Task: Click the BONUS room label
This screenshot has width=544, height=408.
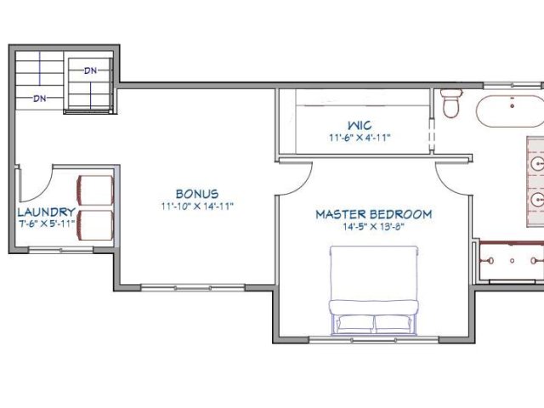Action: (x=197, y=194)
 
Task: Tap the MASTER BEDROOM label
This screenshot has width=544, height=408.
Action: (x=374, y=214)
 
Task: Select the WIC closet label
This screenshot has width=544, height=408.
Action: (x=360, y=125)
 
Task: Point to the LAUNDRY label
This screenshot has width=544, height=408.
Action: (x=47, y=212)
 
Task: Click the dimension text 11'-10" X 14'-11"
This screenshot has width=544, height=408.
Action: (x=197, y=207)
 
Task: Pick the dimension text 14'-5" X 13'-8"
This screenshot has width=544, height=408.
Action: (x=374, y=227)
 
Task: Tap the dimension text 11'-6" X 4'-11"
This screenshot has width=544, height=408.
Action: (x=360, y=138)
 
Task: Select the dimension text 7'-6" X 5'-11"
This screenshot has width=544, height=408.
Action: (x=47, y=223)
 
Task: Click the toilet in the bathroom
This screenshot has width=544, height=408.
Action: (x=451, y=104)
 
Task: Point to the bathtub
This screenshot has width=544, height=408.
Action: (x=510, y=111)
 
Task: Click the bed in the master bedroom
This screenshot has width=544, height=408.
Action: (x=374, y=291)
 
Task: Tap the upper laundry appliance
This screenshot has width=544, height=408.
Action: (x=95, y=190)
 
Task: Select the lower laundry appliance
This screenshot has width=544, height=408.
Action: (x=95, y=225)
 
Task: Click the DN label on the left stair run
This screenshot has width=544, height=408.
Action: (x=40, y=99)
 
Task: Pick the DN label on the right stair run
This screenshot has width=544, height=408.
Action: (x=91, y=71)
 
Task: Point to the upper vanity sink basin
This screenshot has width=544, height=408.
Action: (x=538, y=163)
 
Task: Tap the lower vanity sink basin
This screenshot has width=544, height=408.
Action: (x=538, y=200)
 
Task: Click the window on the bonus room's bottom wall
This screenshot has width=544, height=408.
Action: (x=193, y=287)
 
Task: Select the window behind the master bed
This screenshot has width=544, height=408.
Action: (x=374, y=340)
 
